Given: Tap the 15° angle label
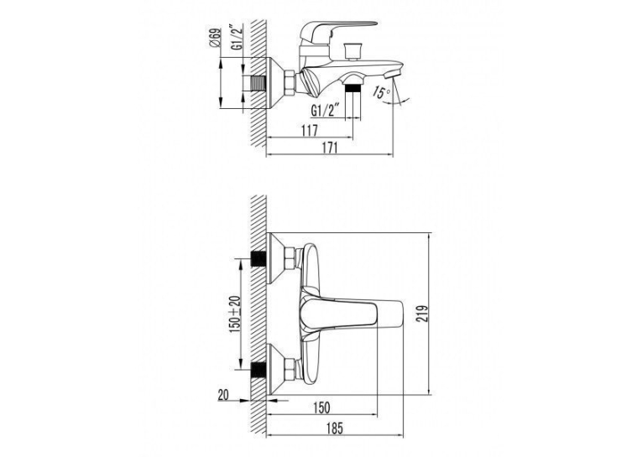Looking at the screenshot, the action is tap(381, 92).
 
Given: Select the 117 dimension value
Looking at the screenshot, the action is tap(309, 131).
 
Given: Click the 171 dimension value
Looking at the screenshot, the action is tap(330, 148).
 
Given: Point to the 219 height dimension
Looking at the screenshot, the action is tap(422, 314).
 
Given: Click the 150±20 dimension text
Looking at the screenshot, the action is tap(236, 314).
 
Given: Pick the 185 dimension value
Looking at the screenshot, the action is tap(335, 428).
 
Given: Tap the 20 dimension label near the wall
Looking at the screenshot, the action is tap(223, 395).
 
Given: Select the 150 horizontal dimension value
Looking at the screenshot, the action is tap(321, 408).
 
